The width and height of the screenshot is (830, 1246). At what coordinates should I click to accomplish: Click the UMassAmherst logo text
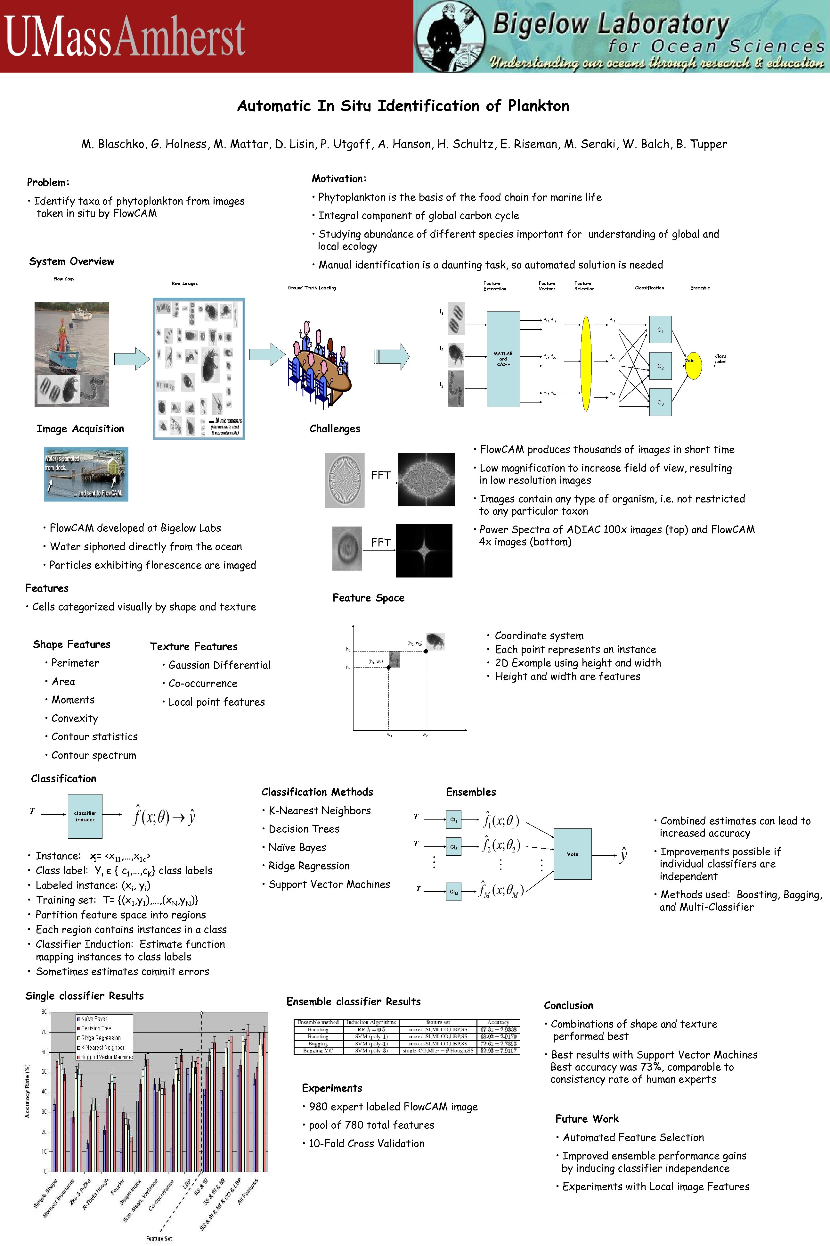coord(125,36)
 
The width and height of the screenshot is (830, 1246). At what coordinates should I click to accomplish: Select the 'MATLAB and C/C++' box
coord(502,359)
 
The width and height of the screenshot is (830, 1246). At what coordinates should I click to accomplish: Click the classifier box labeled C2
coord(660,366)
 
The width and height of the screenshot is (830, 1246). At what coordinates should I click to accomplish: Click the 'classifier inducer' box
coord(85,816)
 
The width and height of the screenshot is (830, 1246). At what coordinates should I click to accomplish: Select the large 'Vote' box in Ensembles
coord(572,854)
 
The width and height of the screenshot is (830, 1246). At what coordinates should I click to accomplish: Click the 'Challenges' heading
coord(335,428)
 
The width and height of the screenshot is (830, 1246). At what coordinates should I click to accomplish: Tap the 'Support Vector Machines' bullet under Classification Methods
coord(329,884)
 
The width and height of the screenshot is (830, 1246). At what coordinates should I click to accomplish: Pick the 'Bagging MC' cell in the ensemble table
coord(318,1051)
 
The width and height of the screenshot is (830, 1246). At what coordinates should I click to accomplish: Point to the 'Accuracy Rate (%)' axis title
coord(28,1091)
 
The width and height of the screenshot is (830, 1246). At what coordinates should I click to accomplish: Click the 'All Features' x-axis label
coord(247,1192)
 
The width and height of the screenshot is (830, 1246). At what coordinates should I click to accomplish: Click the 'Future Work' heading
coord(587,1119)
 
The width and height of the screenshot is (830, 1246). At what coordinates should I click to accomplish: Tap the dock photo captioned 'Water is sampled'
coord(86,474)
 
